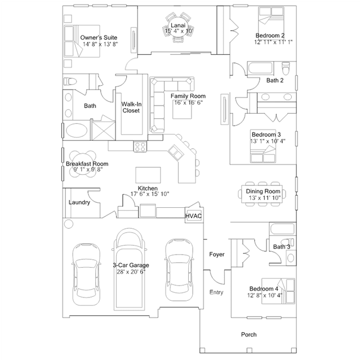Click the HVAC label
pos(193,216)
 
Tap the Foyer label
pos(217,255)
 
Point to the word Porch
pos(248,335)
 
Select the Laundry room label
pos(79,202)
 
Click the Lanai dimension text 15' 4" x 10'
pos(179,31)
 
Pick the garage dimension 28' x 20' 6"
pos(131,272)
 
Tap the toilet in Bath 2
pos(286,68)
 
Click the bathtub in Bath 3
pos(282,229)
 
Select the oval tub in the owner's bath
pos(77,130)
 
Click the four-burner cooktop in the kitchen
pos(140,146)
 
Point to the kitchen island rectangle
pos(148,175)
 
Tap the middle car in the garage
pos(130,269)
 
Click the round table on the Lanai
pos(178,27)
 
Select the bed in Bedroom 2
pos(271,20)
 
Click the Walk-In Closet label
pos(131,108)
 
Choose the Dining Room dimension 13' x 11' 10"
pos(265,198)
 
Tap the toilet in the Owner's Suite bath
pos(69,81)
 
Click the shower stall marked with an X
pos(103,130)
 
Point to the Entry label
pos(216,292)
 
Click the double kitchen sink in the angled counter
pos(176,153)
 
